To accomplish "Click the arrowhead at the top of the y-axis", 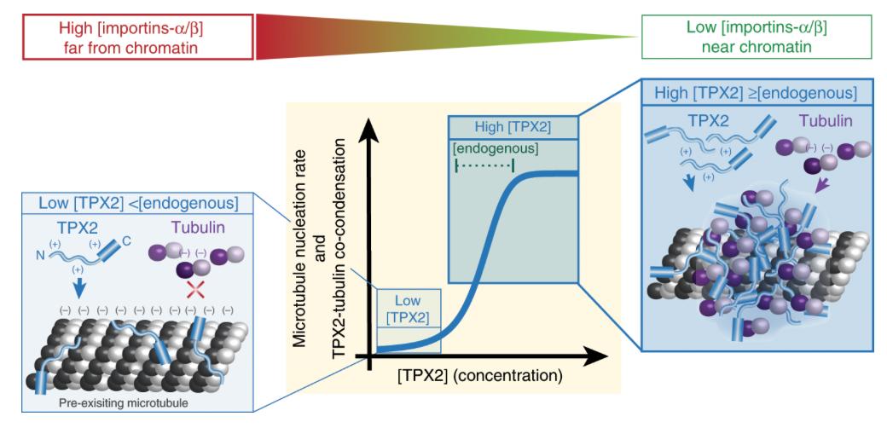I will (x=369, y=128).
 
